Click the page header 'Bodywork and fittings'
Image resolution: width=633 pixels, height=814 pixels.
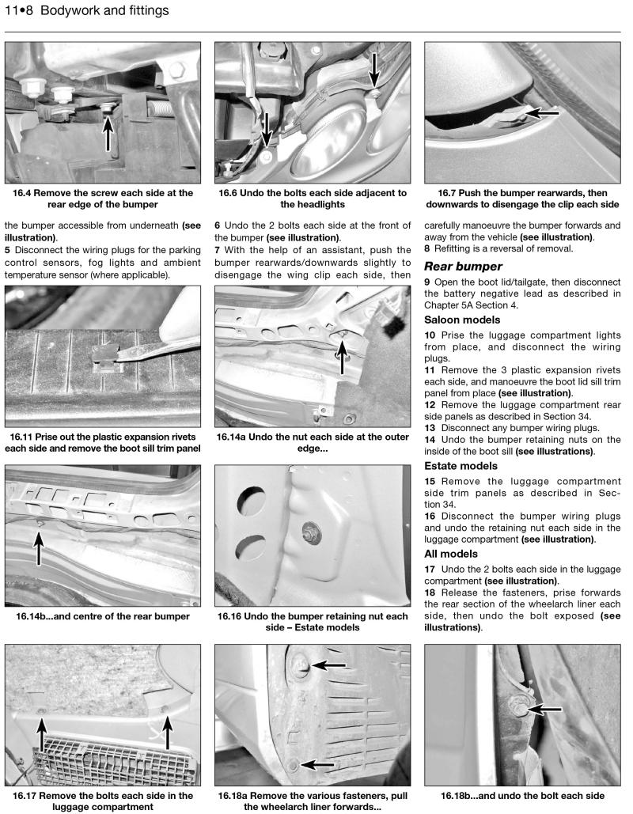tap(104, 11)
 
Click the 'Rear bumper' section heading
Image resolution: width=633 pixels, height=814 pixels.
tap(463, 266)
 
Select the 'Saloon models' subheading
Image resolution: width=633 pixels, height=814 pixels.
tap(462, 320)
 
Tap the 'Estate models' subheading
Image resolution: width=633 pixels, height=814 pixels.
tap(461, 465)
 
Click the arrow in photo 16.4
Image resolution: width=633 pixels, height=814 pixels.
tap(108, 130)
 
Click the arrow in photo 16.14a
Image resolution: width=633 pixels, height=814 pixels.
tap(342, 356)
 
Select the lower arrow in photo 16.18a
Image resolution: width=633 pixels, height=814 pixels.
tap(319, 765)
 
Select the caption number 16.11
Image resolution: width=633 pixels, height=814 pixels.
tap(27, 436)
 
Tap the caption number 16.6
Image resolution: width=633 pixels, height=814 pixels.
tap(233, 192)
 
